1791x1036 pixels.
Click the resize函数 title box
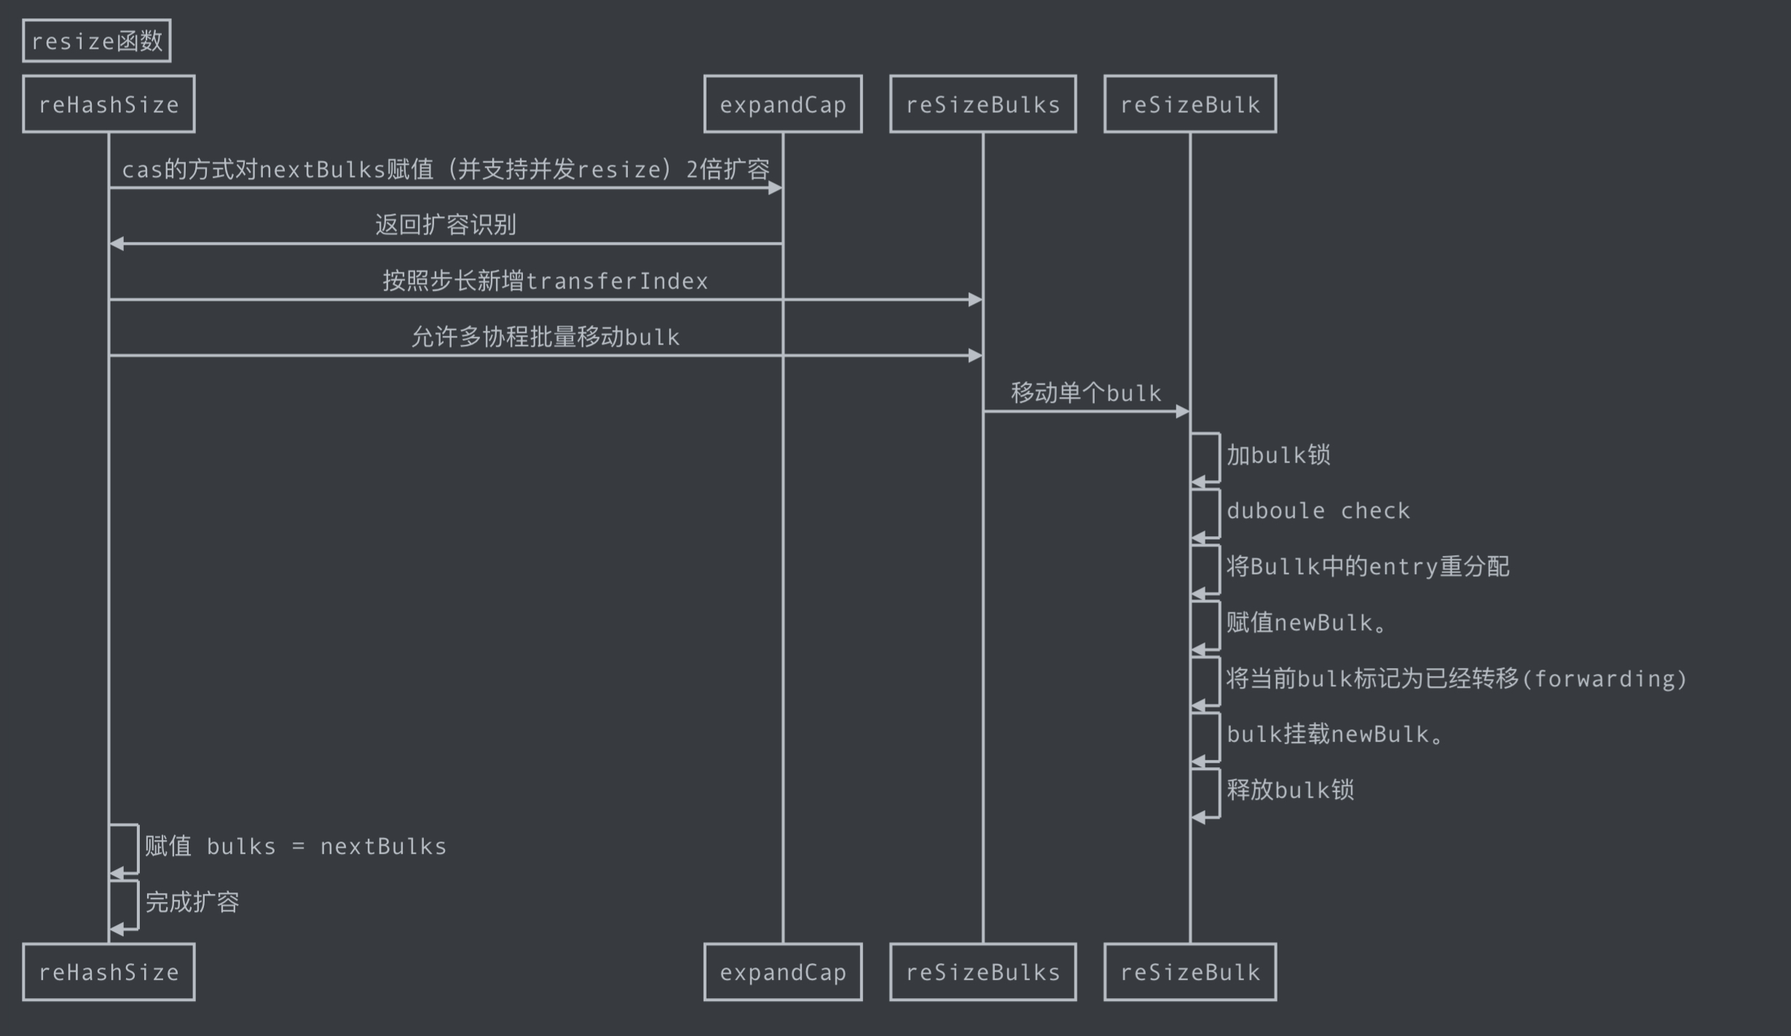coord(97,41)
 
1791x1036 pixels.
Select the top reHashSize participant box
coord(109,104)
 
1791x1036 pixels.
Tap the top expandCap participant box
coord(783,104)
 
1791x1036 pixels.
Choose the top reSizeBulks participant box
coord(983,104)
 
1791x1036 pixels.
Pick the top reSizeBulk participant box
coord(1190,104)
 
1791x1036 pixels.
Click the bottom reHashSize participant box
coord(109,972)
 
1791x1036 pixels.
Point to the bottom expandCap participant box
coord(783,972)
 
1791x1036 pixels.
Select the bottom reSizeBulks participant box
coord(983,972)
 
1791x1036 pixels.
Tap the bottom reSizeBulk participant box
coord(1190,972)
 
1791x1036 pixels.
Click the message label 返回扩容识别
coord(446,224)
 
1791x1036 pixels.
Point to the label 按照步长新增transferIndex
coord(546,280)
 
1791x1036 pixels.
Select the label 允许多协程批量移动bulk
coord(546,337)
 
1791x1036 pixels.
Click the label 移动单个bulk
coord(1086,393)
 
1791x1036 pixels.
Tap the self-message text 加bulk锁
coord(1278,455)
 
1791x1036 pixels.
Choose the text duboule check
coord(1318,511)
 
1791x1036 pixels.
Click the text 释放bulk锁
coord(1290,790)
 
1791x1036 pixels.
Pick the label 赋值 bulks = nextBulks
coord(296,846)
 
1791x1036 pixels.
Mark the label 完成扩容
coord(192,902)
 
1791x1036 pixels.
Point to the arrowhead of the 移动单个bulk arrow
coord(1183,412)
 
